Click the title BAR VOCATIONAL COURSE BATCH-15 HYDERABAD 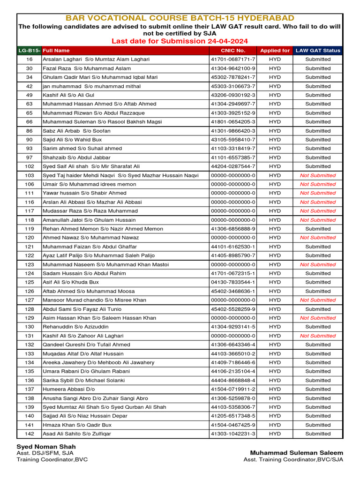pyautogui.click(x=180, y=18)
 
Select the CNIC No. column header pyautogui.click(x=233, y=50)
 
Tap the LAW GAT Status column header pyautogui.click(x=318, y=50)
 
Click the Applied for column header pyautogui.click(x=275, y=50)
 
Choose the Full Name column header pyautogui.click(x=56, y=50)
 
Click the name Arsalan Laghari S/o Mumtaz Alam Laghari pyautogui.click(x=96, y=60)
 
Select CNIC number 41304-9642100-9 pyautogui.click(x=233, y=68)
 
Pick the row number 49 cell pyautogui.click(x=30, y=95)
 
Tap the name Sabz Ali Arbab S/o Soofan pyautogui.click(x=76, y=131)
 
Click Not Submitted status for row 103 pyautogui.click(x=318, y=175)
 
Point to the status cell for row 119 pyautogui.click(x=318, y=229)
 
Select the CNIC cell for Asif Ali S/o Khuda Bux pyautogui.click(x=233, y=282)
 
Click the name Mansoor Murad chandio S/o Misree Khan pyautogui.click(x=94, y=300)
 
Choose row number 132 pyautogui.click(x=30, y=345)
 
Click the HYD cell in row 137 pyautogui.click(x=275, y=389)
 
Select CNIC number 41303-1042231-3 pyautogui.click(x=233, y=434)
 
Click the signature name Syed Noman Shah pyautogui.click(x=46, y=447)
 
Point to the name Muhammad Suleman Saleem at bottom pyautogui.click(x=296, y=453)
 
